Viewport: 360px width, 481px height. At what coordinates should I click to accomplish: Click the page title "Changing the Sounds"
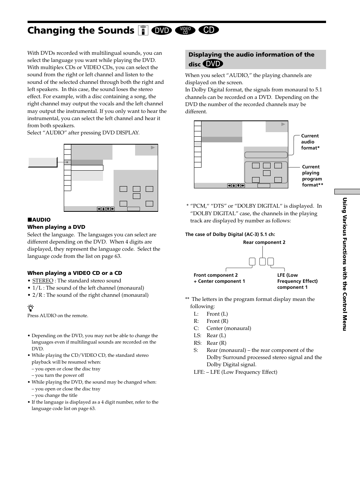pyautogui.click(x=80, y=31)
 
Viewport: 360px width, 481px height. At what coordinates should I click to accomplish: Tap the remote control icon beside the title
pyautogui.click(x=143, y=30)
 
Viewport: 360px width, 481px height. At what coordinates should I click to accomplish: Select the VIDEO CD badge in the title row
pyautogui.click(x=185, y=30)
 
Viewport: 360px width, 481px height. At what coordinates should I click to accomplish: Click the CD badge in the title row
pyautogui.click(x=209, y=30)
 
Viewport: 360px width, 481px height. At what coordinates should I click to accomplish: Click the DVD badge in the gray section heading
pyautogui.click(x=213, y=64)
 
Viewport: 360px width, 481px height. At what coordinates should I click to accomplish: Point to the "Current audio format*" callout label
pyautogui.click(x=310, y=142)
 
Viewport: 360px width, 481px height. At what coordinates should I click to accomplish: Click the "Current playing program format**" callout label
pyautogui.click(x=312, y=176)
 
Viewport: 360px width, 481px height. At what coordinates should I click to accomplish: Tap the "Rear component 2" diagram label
pyautogui.click(x=264, y=242)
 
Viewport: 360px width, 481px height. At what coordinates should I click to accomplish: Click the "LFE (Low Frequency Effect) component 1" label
pyautogui.click(x=297, y=281)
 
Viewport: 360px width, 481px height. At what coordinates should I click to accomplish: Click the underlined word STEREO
pyautogui.click(x=43, y=281)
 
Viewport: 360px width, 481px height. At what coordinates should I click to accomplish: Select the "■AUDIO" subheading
pyautogui.click(x=39, y=220)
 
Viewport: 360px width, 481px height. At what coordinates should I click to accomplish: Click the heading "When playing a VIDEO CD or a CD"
pyautogui.click(x=75, y=273)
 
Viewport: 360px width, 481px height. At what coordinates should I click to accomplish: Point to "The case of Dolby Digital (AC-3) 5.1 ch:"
pyautogui.click(x=230, y=234)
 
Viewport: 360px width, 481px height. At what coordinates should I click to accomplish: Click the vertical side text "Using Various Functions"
pyautogui.click(x=344, y=264)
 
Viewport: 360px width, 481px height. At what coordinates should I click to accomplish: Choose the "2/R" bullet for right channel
pyautogui.click(x=37, y=295)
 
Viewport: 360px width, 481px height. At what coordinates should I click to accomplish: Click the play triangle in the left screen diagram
pyautogui.click(x=153, y=148)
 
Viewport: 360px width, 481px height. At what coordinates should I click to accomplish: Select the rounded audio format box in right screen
pyautogui.click(x=266, y=155)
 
